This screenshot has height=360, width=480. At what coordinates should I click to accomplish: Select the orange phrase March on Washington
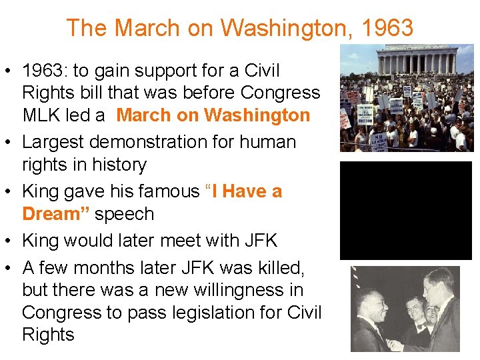213,115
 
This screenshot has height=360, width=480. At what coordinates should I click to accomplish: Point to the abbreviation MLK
45,115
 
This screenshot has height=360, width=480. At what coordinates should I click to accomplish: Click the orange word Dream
57,214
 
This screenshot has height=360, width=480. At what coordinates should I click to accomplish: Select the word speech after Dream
125,214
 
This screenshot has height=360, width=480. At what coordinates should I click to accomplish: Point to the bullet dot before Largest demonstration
10,143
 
